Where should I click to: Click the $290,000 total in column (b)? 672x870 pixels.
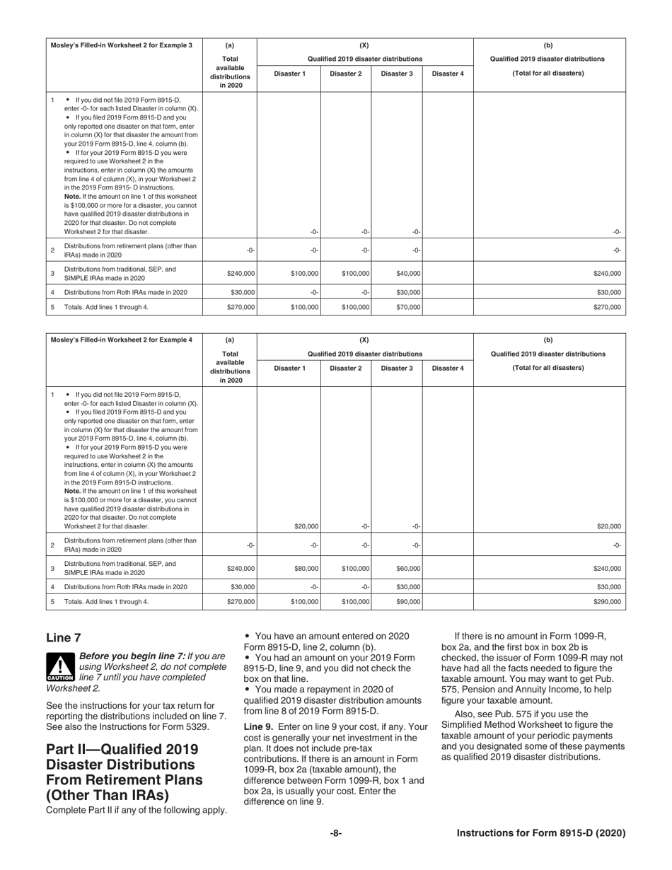[607, 602]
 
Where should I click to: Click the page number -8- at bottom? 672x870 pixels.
[336, 833]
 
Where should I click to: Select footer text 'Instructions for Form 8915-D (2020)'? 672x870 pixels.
[541, 833]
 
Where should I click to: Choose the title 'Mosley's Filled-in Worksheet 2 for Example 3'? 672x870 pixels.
[121, 45]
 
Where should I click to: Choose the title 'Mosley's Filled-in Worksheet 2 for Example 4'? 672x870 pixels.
[121, 340]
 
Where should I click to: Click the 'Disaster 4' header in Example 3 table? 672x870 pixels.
[448, 74]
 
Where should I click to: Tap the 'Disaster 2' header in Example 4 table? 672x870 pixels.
[346, 368]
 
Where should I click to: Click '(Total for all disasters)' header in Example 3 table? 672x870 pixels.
[548, 73]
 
